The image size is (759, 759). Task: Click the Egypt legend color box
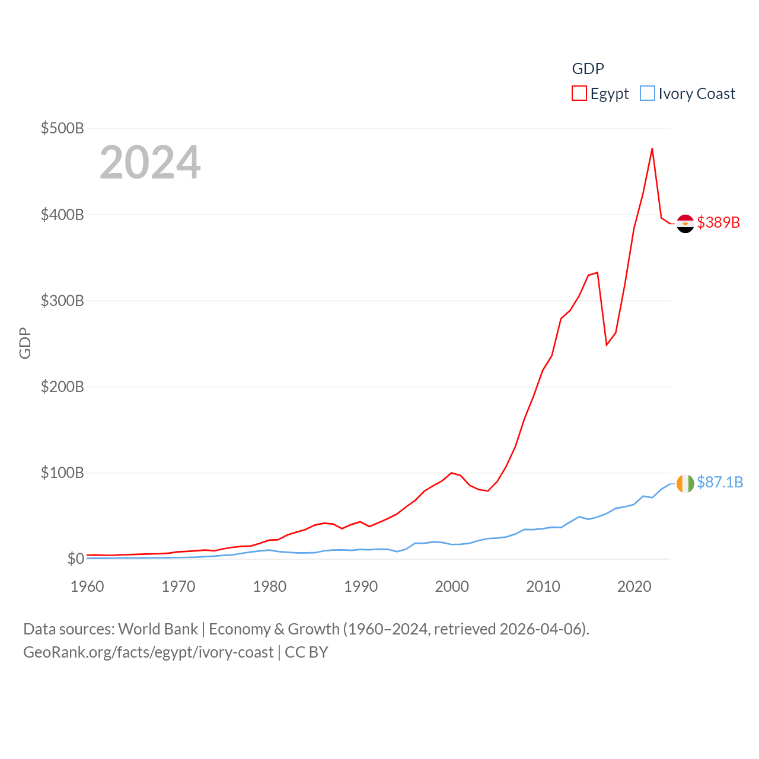click(x=579, y=94)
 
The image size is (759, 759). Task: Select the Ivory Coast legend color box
click(x=648, y=94)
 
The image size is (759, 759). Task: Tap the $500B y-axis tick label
click(x=62, y=128)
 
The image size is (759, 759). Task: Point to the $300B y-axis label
click(x=62, y=301)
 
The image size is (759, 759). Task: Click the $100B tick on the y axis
click(x=62, y=473)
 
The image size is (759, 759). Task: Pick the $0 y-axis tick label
click(x=75, y=559)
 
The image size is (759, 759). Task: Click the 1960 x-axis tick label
click(x=87, y=586)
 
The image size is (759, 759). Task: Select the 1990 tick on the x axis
click(x=361, y=586)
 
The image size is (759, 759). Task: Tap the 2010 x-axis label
click(x=543, y=586)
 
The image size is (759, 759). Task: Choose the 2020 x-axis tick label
click(x=634, y=586)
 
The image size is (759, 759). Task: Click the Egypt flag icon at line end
click(x=685, y=224)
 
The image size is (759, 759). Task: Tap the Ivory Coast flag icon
click(x=685, y=483)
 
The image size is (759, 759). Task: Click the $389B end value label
click(x=719, y=222)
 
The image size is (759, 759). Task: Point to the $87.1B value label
click(x=720, y=482)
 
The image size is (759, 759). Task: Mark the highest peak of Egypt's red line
click(x=652, y=149)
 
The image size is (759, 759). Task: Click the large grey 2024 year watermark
click(x=150, y=162)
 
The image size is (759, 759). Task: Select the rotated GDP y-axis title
click(x=25, y=343)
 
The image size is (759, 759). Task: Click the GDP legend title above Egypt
click(x=588, y=69)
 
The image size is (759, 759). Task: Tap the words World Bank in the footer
click(x=158, y=629)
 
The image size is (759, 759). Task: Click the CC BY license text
click(x=307, y=652)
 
